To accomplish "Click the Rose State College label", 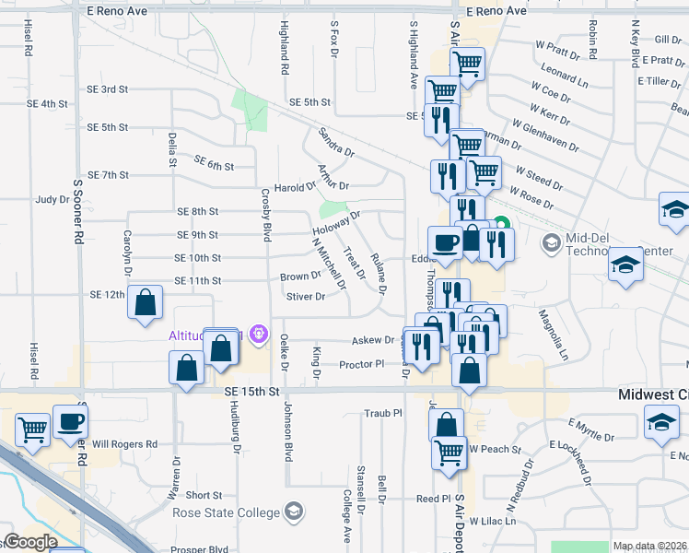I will click(x=230, y=512).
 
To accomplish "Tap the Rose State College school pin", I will click(x=294, y=512).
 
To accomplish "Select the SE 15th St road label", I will click(x=251, y=392).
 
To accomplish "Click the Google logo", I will click(x=30, y=542).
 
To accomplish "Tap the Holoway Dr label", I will click(x=335, y=223).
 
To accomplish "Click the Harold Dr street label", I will click(x=295, y=187).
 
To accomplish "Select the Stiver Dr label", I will click(x=306, y=297).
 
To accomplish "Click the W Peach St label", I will click(x=495, y=450).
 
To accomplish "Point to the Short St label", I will click(x=204, y=495).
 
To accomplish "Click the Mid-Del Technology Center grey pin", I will click(x=552, y=243).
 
